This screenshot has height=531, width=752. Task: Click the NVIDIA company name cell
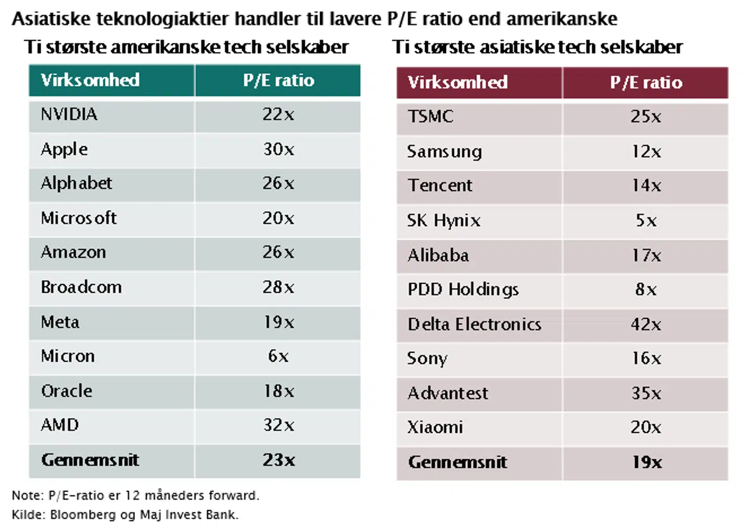click(x=69, y=114)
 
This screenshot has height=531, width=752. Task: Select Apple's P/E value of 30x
click(x=278, y=149)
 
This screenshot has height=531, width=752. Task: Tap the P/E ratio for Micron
click(x=278, y=356)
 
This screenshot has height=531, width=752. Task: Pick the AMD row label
click(x=60, y=425)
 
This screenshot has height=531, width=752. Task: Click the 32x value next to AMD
click(x=278, y=425)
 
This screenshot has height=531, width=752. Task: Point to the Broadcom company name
click(x=81, y=287)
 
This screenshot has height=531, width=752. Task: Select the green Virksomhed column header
click(x=90, y=80)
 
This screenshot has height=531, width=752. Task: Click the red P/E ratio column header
click(x=646, y=83)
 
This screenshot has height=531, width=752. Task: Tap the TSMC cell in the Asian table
click(x=431, y=117)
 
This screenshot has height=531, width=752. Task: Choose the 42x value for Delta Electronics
click(x=646, y=325)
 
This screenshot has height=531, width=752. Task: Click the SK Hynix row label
click(x=444, y=221)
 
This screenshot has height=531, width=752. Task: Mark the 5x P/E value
click(x=646, y=221)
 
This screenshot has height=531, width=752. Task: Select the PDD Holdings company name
click(x=463, y=290)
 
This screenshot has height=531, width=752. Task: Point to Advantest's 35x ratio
click(x=646, y=393)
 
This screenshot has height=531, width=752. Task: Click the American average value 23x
click(x=278, y=460)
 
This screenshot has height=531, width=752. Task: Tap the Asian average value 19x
click(x=647, y=462)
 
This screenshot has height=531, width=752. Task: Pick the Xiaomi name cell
click(x=435, y=428)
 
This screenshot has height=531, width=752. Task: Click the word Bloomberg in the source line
click(x=83, y=515)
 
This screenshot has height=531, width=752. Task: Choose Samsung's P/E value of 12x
click(x=646, y=152)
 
